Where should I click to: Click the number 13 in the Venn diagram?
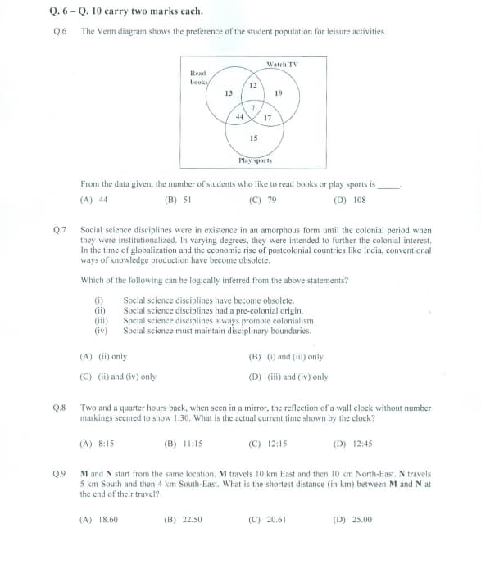click(x=229, y=93)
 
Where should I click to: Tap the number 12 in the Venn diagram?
click(x=253, y=85)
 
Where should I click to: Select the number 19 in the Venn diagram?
click(x=279, y=92)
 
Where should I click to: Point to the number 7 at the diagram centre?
click(x=253, y=107)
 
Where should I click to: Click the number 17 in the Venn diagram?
click(x=267, y=118)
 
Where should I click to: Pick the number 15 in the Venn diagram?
click(x=254, y=138)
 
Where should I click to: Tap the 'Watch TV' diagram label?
click(x=282, y=65)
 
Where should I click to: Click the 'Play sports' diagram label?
click(x=255, y=160)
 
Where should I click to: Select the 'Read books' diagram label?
click(x=199, y=78)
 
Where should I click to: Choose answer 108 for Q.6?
click(x=360, y=200)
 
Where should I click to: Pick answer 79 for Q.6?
click(x=272, y=200)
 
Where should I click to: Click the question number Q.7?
click(x=60, y=230)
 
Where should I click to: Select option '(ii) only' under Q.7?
click(x=112, y=357)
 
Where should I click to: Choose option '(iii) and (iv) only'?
click(x=298, y=377)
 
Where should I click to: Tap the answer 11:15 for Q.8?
click(x=193, y=444)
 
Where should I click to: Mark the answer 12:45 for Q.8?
click(x=362, y=444)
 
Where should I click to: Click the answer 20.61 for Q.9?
click(x=276, y=520)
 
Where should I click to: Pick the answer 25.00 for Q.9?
click(x=361, y=520)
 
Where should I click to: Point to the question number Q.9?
click(x=59, y=474)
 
